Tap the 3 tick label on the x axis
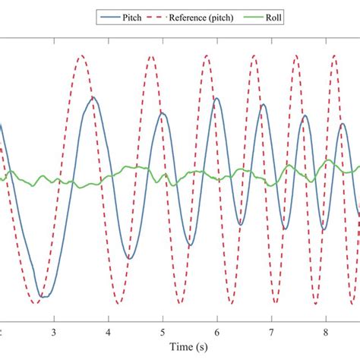pos(54,333)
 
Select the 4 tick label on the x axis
pos(109,333)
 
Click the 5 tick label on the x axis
pos(163,333)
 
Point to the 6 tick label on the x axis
pos(217,333)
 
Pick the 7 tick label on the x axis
pos(271,333)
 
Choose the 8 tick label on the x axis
pos(326,333)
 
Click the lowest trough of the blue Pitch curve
pos(44,296)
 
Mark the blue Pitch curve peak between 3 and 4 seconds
pos(93,97)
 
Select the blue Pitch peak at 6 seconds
pos(216,98)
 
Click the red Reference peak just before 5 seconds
pos(153,55)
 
